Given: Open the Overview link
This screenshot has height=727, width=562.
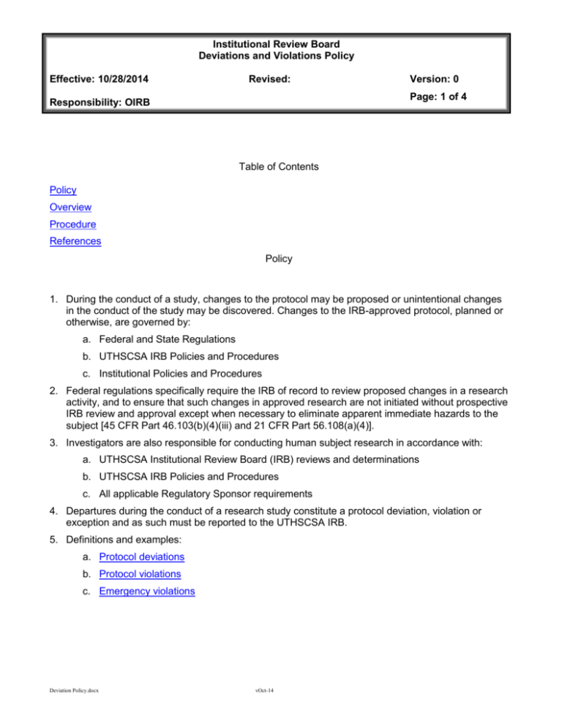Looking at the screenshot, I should point(70,207).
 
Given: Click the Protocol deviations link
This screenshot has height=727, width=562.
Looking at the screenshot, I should point(143,557).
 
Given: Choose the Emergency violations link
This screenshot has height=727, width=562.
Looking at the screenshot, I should point(149,592).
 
